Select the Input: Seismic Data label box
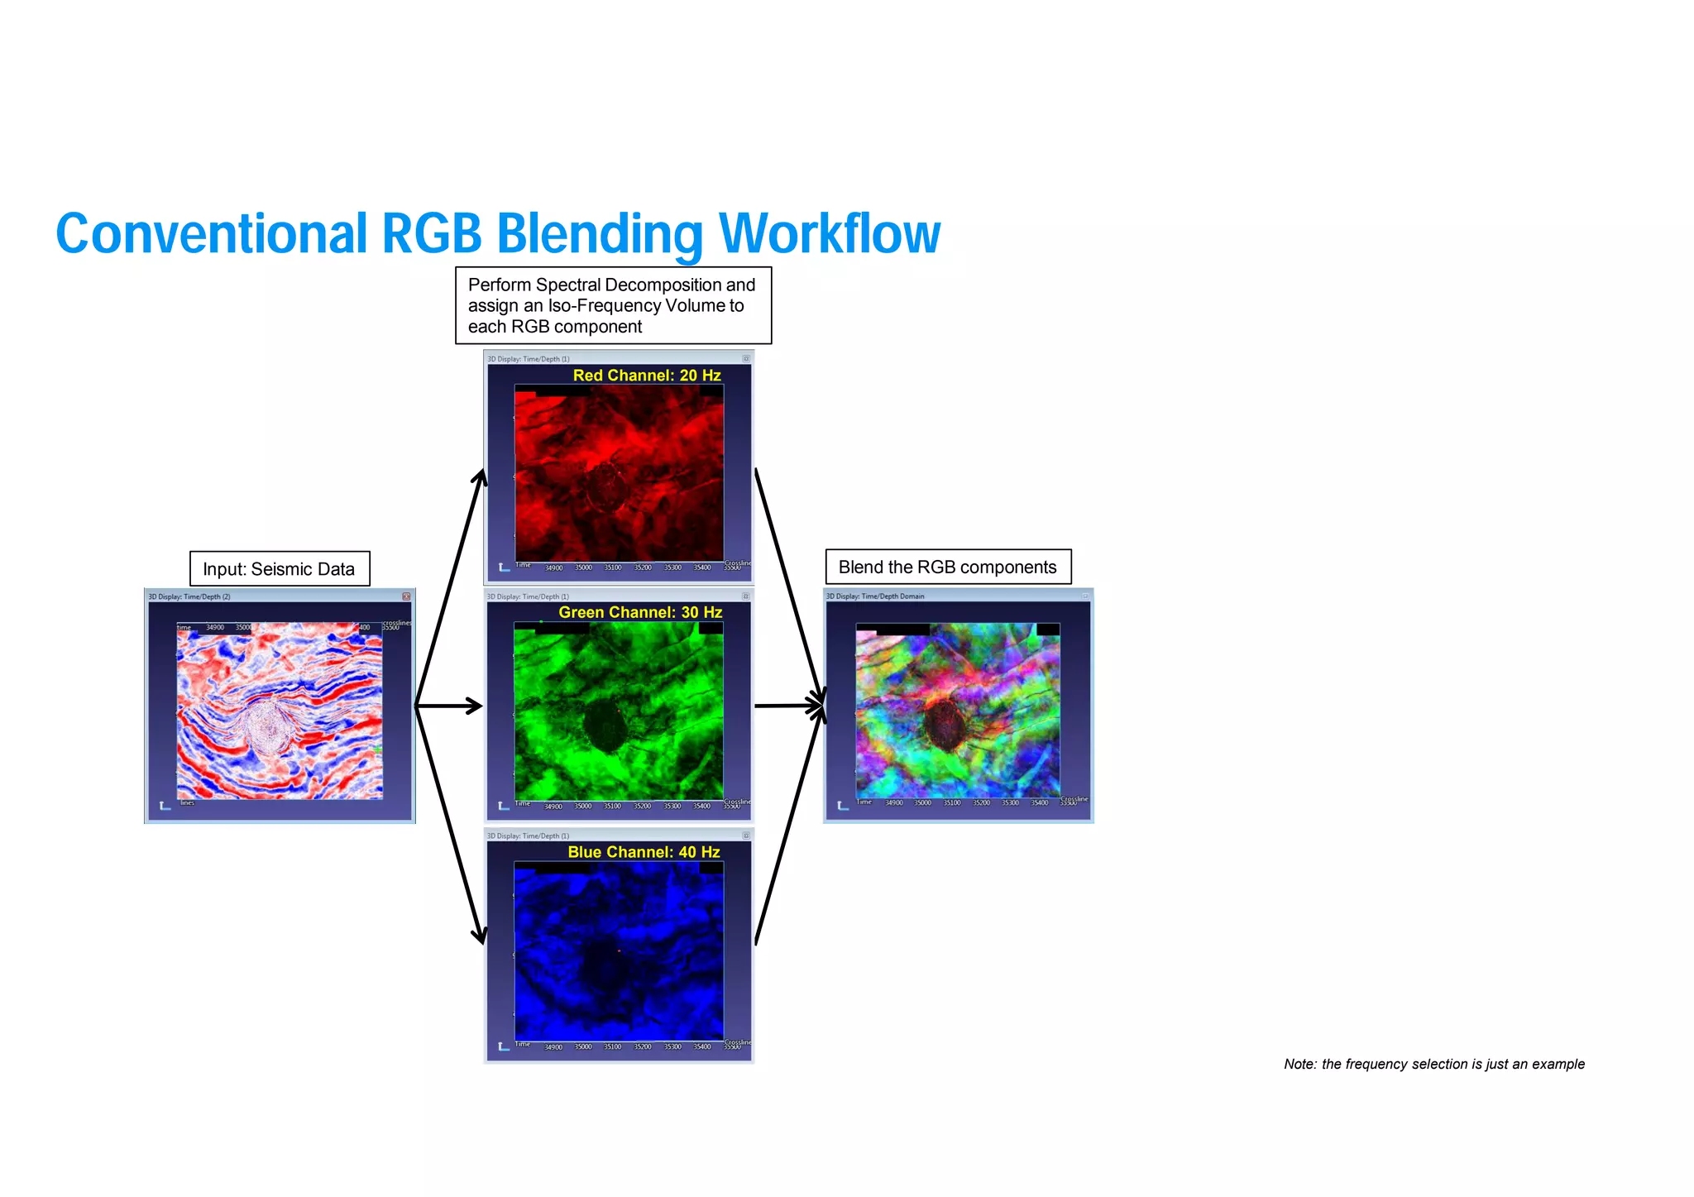click(279, 569)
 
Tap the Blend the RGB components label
click(948, 567)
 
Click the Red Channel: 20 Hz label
click(647, 376)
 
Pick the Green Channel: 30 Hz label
click(640, 612)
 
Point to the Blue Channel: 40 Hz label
click(644, 852)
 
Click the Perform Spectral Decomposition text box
click(613, 305)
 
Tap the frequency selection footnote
click(1433, 1064)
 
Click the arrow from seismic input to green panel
click(448, 706)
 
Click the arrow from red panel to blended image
click(790, 587)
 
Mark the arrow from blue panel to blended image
click(790, 827)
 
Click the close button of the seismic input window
click(406, 596)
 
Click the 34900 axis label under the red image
click(553, 567)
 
